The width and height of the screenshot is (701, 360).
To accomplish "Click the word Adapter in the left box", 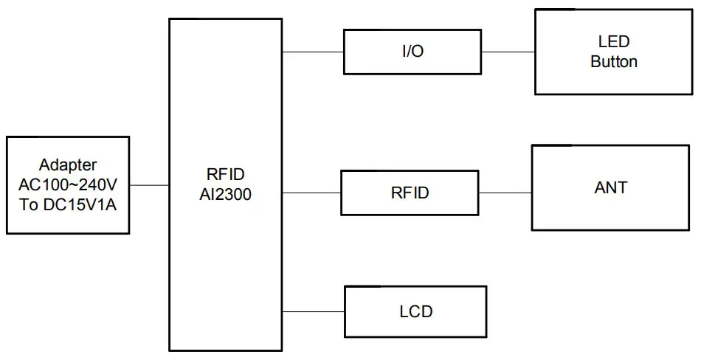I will coord(68,165).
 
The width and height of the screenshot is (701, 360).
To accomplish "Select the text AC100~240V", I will coord(68,184).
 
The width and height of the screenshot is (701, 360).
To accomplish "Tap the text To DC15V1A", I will coord(68,204).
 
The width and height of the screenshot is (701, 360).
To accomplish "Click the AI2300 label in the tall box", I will coord(227,194).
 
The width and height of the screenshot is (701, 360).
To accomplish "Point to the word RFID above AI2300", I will coord(227,175).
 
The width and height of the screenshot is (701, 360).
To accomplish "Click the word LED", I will coord(613,43).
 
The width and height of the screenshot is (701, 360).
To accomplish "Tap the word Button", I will coord(613,62).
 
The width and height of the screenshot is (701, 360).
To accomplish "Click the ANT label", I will coord(611,188).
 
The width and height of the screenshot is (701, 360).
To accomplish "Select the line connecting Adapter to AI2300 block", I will coord(150,185).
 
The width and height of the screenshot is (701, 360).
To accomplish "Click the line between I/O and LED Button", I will coord(508,52).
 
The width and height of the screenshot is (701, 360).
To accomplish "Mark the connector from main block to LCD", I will coord(314,311).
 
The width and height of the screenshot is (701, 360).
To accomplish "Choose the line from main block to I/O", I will coord(314,52).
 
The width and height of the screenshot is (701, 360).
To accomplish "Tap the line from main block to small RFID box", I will coord(311,193).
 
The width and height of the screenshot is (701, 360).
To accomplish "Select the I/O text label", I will coord(412,52).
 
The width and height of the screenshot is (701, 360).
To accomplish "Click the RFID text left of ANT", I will coord(410,193).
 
